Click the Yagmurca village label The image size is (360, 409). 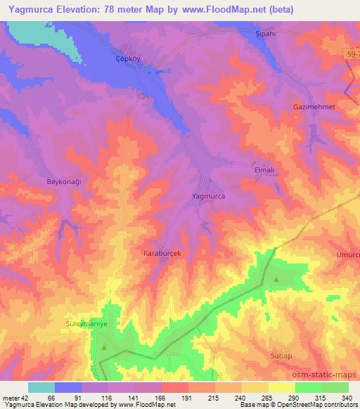[x=209, y=197]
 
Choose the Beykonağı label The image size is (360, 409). [x=65, y=181]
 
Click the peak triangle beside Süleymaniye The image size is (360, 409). [x=103, y=347]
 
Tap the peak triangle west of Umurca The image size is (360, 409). [x=276, y=280]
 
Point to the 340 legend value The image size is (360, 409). [x=347, y=398]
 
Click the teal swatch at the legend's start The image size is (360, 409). [x=41, y=387]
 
